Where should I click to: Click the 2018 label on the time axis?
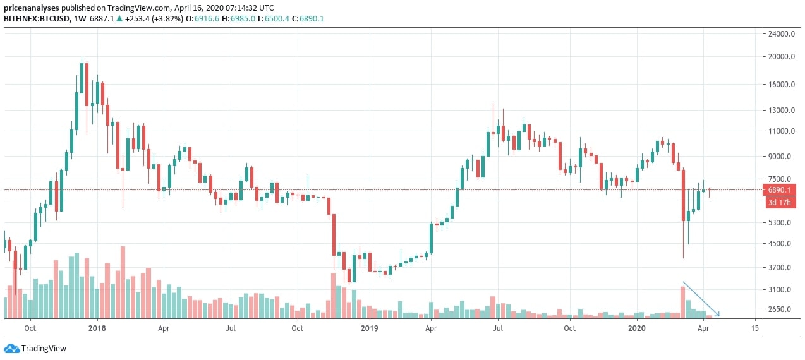(97, 328)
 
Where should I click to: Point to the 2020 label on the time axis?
(637, 328)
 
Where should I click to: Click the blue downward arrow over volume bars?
(701, 299)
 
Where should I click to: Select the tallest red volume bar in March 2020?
(682, 302)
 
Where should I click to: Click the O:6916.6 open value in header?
(207, 19)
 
